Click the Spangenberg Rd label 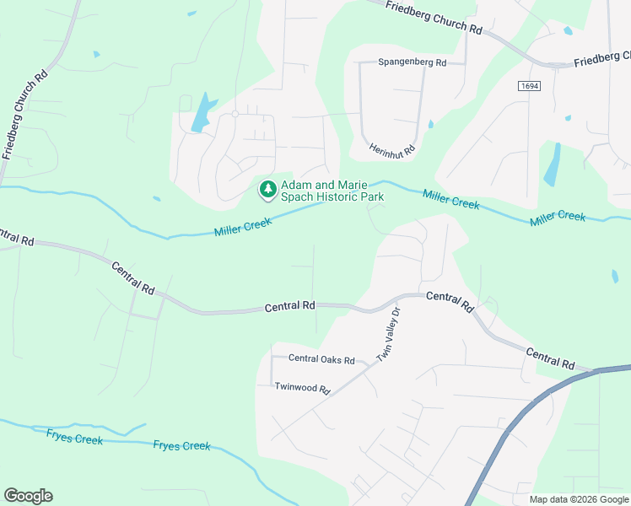point(412,62)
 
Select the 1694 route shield point(529,86)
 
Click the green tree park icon point(268,191)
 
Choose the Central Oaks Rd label point(321,359)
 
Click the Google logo point(28,496)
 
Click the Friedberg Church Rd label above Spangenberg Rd point(433,17)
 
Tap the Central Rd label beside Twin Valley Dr point(450,303)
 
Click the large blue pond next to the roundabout point(202,113)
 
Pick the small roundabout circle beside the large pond point(235,113)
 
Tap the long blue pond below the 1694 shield point(553,164)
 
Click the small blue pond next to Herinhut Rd point(431,125)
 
